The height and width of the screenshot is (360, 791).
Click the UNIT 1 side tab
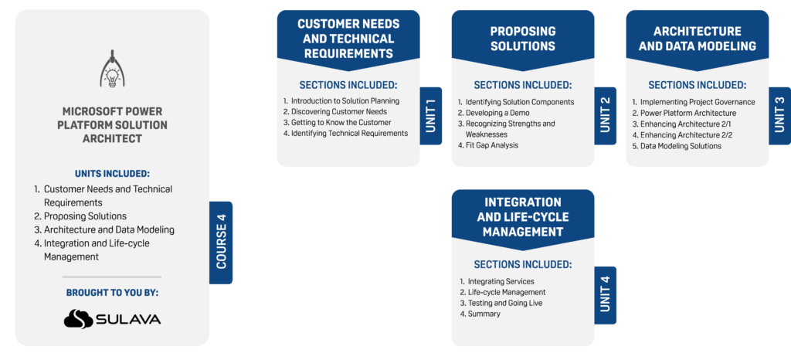(x=431, y=116)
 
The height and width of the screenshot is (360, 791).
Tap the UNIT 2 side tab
(x=606, y=116)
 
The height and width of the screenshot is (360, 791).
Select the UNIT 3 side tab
(x=779, y=116)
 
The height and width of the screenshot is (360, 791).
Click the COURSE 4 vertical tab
(x=221, y=243)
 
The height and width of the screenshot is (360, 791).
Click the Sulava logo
(x=113, y=318)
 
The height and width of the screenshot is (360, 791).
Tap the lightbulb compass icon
(x=113, y=70)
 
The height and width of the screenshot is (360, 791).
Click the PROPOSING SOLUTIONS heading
(x=523, y=39)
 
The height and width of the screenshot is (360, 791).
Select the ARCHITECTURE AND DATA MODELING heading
(x=697, y=39)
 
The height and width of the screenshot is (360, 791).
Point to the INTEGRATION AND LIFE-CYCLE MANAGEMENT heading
(x=523, y=217)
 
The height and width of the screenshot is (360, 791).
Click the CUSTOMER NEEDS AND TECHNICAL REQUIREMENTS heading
(x=348, y=39)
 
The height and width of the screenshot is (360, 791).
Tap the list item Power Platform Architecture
(x=687, y=113)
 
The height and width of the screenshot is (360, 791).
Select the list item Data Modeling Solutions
(x=681, y=146)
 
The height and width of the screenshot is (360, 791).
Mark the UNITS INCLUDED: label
(x=113, y=173)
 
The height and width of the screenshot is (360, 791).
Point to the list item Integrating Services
(x=501, y=281)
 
